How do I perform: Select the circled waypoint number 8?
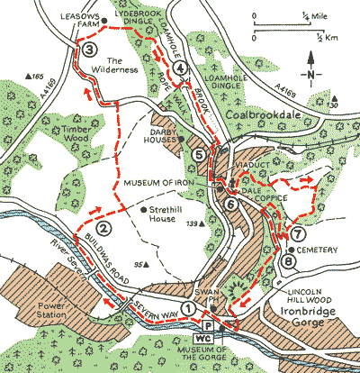point(287,262)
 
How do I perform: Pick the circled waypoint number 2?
point(105,228)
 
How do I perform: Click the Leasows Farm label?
point(78,19)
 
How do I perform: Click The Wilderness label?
point(116,63)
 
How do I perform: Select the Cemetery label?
point(319,249)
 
